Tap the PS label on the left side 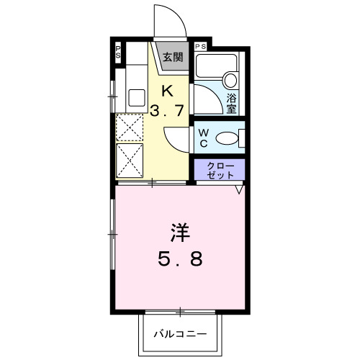(118, 52)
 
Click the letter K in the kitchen (167, 91)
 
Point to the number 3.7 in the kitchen (167, 112)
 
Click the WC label (204, 136)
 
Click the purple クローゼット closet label (220, 170)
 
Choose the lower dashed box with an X (130, 160)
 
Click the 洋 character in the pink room (180, 232)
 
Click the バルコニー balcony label (180, 335)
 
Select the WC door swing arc (176, 137)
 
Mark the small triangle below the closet (238, 191)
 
